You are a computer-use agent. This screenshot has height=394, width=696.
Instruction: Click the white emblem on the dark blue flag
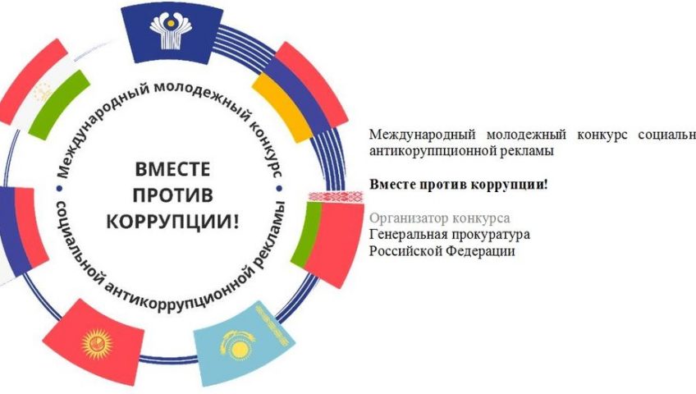tap(171, 30)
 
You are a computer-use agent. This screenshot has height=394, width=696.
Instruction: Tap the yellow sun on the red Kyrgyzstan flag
tap(96, 343)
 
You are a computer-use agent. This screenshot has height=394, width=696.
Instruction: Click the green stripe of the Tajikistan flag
tap(59, 105)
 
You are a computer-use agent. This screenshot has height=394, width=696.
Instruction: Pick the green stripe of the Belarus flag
tap(307, 235)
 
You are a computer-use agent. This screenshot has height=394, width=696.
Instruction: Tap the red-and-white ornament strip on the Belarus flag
tap(336, 196)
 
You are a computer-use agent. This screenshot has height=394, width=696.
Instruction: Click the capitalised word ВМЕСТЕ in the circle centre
tap(172, 169)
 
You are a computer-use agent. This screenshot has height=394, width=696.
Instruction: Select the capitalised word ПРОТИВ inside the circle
tap(172, 195)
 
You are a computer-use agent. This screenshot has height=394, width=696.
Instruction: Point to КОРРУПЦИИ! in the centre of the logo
tap(172, 221)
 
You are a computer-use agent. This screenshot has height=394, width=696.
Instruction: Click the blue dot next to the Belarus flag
tap(279, 189)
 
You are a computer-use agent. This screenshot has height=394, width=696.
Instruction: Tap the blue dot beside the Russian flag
tap(59, 189)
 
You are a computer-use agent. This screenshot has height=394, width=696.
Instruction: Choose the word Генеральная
tap(410, 234)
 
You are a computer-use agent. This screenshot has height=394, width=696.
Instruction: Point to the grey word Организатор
tap(409, 218)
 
